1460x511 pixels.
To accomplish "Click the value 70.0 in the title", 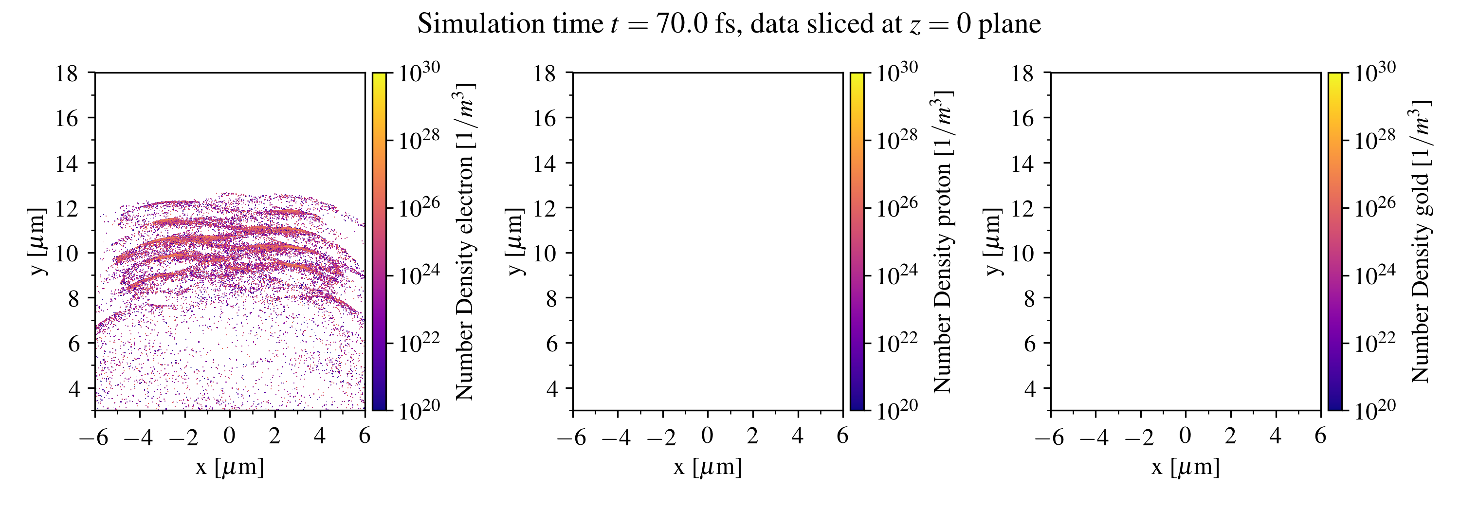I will (x=682, y=24).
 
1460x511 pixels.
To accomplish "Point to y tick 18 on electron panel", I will (x=67, y=73).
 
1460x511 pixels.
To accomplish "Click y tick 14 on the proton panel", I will (x=545, y=163).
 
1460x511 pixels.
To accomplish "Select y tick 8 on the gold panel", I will (x=1029, y=298).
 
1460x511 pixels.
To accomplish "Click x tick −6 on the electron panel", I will (x=94, y=437).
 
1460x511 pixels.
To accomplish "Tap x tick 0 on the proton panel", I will (x=707, y=436).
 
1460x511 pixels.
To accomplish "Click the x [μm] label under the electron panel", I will (x=230, y=467).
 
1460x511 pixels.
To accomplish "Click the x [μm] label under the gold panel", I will (x=1185, y=467).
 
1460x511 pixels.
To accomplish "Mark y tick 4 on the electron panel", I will (x=73, y=388).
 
